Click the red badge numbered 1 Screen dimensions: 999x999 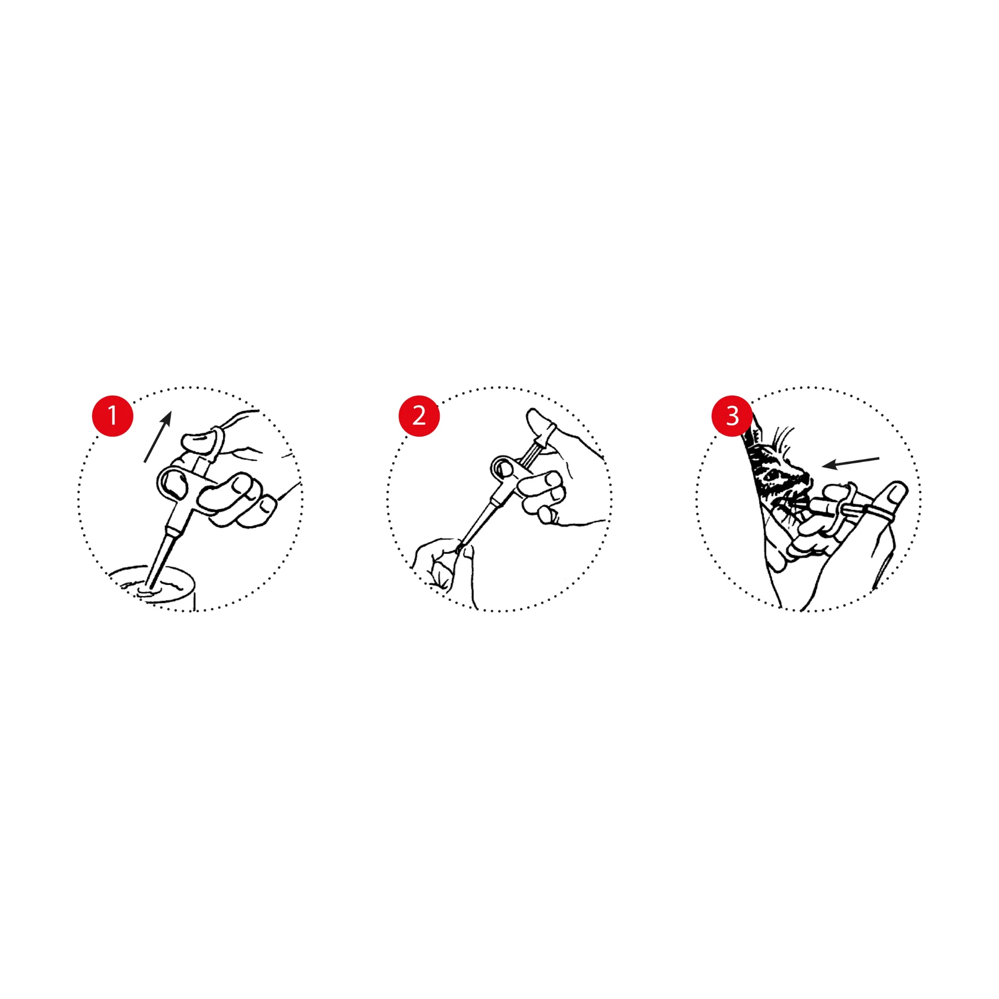pyautogui.click(x=112, y=416)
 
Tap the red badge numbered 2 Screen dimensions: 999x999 pyautogui.click(x=419, y=416)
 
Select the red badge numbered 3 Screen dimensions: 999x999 pyautogui.click(x=732, y=416)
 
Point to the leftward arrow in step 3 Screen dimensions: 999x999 pyautogui.click(x=851, y=462)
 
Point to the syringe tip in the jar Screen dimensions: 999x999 pyautogui.click(x=152, y=586)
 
